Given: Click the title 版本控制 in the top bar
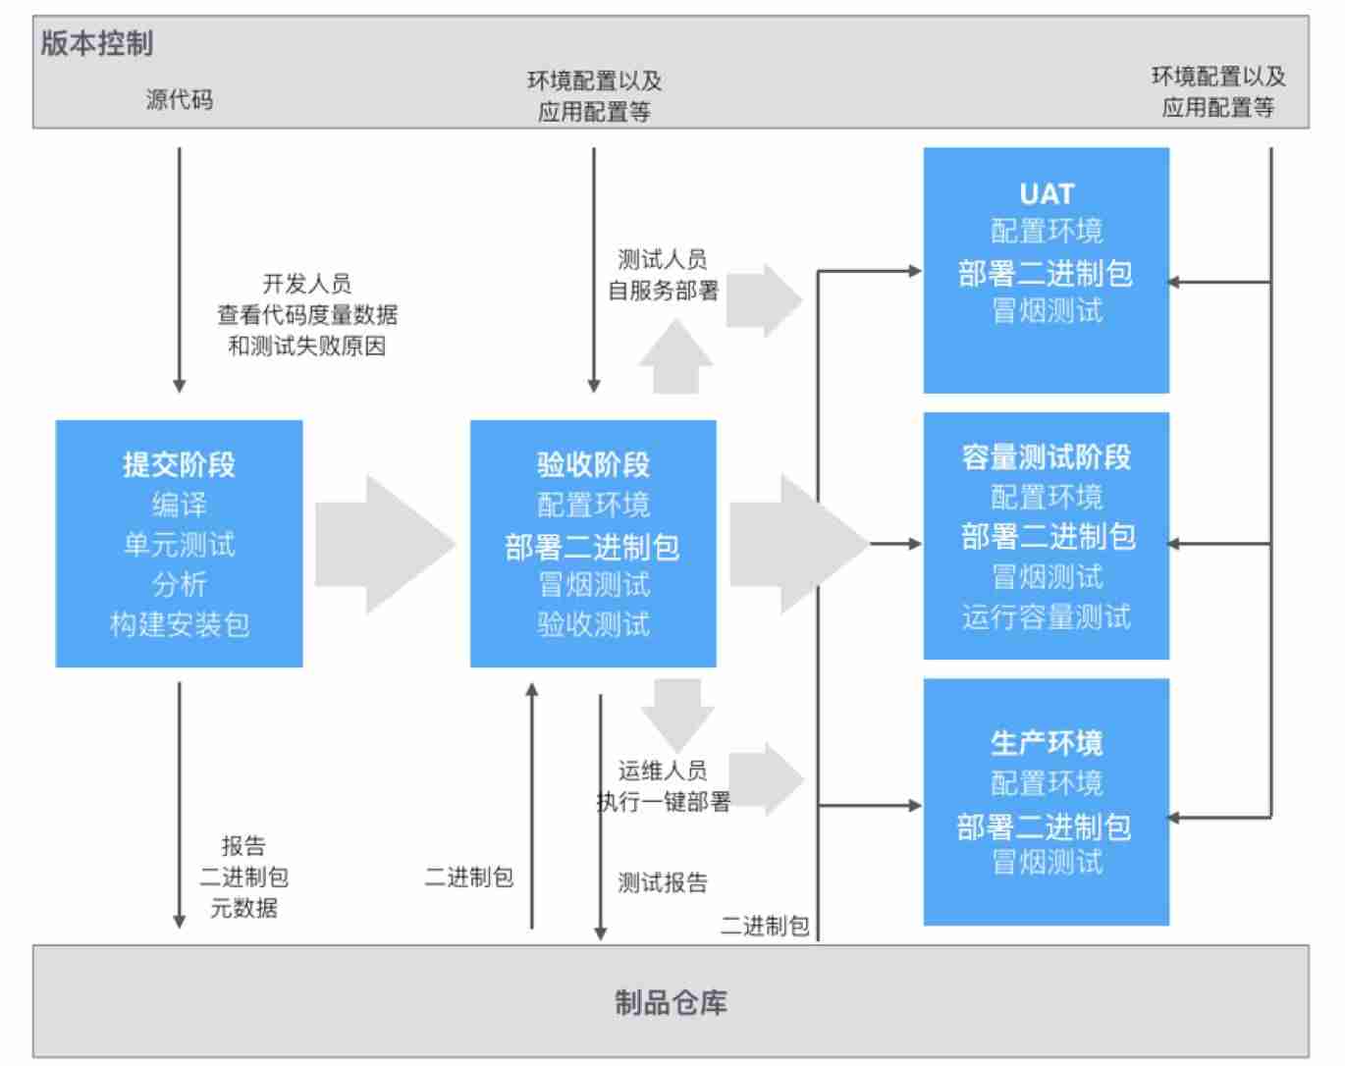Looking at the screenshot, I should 97,43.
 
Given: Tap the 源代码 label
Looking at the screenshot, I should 179,99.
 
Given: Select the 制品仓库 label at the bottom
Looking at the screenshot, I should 671,1002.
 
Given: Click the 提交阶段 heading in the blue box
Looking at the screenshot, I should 179,464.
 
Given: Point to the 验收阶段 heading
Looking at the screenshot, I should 593,464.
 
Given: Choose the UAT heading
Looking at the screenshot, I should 1047,193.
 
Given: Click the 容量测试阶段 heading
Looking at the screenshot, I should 1047,456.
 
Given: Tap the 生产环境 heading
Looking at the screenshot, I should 1047,743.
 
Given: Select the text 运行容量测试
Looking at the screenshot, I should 1047,616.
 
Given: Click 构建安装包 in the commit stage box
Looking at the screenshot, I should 179,624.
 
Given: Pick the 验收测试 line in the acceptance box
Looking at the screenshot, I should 593,624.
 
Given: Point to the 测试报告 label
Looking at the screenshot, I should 663,882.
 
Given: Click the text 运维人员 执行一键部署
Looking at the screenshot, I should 664,786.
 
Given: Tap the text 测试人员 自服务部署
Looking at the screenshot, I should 664,275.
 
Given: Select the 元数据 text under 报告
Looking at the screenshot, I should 243,908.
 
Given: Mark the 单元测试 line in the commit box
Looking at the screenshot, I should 179,545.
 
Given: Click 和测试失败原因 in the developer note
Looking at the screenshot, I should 306,346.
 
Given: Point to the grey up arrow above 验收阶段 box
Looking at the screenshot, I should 675,358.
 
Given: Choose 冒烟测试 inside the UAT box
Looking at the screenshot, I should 1047,311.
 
